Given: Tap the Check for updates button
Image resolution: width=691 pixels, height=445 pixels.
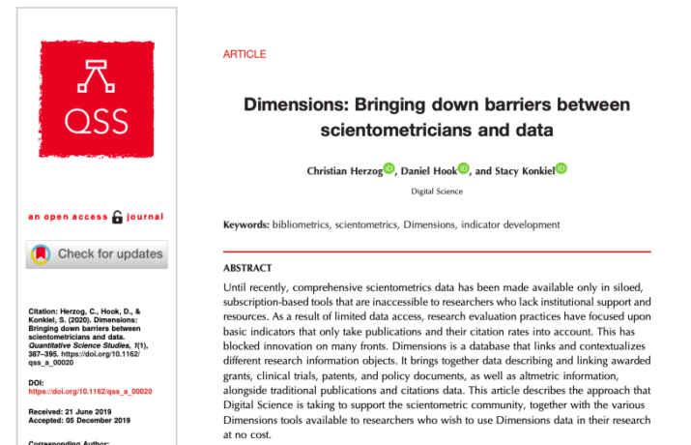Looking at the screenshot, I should tap(96, 254).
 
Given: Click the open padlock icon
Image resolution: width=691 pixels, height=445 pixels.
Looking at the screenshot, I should tap(118, 217).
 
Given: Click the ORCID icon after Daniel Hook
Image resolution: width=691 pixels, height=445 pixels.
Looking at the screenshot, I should tap(463, 168).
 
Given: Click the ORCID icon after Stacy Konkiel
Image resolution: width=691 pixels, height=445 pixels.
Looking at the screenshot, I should tap(561, 168).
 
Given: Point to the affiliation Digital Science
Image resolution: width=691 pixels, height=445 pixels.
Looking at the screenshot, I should tap(437, 192).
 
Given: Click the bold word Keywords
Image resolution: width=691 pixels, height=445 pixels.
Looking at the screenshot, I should tap(245, 224).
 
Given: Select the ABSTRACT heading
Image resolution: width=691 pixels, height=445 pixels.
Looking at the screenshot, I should tap(247, 268).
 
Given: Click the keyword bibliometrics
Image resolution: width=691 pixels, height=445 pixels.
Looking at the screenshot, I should tap(302, 224).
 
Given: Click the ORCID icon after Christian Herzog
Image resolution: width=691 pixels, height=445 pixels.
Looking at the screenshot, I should tap(389, 168).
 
